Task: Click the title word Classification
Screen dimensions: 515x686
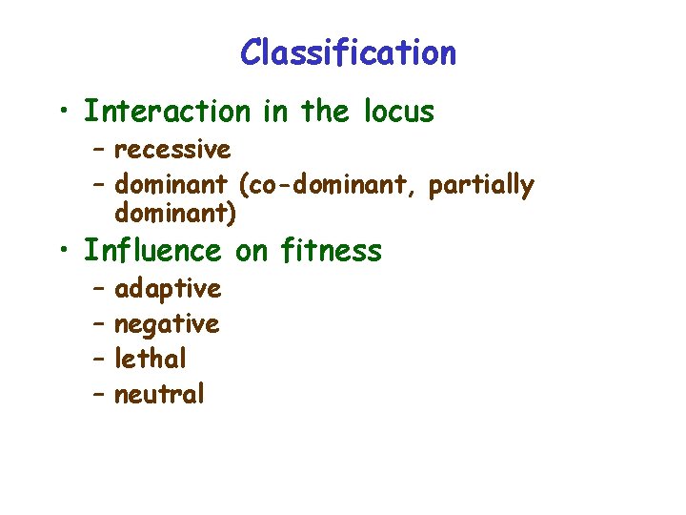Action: (348, 52)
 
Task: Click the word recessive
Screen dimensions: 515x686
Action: (172, 150)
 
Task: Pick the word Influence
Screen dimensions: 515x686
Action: (152, 251)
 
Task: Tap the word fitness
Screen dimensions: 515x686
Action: (331, 251)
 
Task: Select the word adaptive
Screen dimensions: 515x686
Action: (168, 288)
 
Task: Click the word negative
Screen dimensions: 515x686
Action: (167, 324)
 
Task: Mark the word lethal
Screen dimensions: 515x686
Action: (151, 360)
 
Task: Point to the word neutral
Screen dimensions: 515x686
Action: (159, 394)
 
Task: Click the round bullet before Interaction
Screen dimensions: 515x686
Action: (62, 113)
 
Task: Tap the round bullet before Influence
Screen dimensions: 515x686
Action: (62, 252)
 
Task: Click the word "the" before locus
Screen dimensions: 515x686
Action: (327, 112)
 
